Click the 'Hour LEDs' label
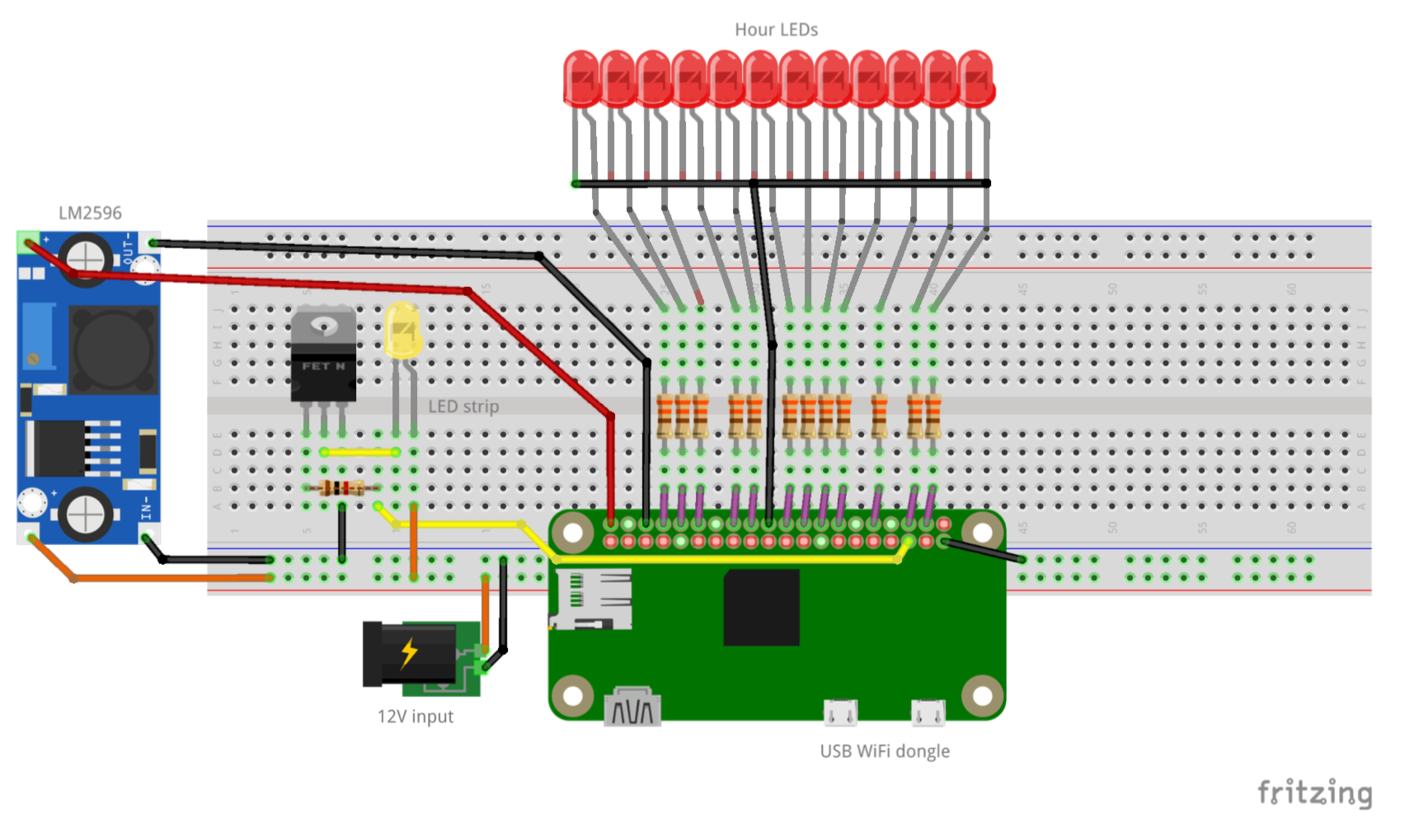(x=776, y=30)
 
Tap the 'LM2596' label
(x=90, y=213)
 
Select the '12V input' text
(x=415, y=716)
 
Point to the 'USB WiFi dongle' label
(x=884, y=750)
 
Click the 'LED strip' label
(x=463, y=407)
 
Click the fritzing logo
(x=1314, y=793)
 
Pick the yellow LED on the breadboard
(x=402, y=330)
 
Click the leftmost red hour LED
(x=581, y=78)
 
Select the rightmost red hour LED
(x=977, y=78)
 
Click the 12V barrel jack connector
(x=410, y=655)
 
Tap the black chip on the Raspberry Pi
(x=761, y=607)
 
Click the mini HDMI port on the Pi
(x=632, y=707)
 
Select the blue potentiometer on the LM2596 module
(x=39, y=334)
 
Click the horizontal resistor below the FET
(x=341, y=488)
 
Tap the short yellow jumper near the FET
(x=359, y=452)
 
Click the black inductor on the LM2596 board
(x=113, y=347)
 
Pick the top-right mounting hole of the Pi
(x=981, y=532)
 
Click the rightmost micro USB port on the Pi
(x=928, y=712)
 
